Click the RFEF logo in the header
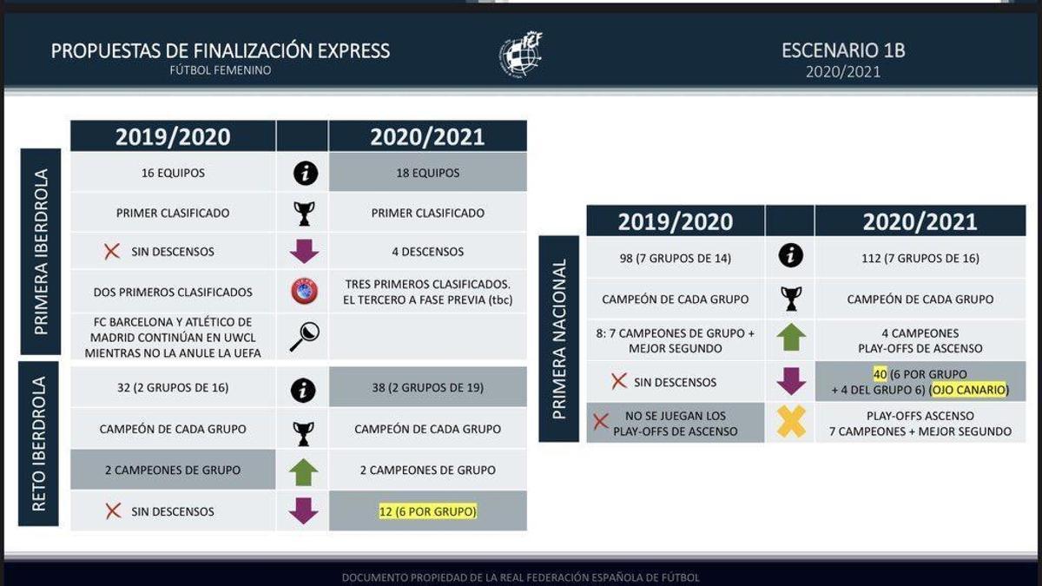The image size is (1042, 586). click(520, 55)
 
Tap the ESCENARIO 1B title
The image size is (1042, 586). click(843, 50)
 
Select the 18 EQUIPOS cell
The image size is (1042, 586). click(427, 173)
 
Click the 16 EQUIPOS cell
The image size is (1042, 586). click(173, 173)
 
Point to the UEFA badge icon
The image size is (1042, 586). click(304, 291)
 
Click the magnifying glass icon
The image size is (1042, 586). click(304, 337)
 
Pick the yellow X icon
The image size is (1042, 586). click(791, 421)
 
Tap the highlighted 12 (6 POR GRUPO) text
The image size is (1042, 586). click(427, 511)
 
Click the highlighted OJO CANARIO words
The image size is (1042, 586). click(969, 389)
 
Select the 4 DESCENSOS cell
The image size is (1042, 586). click(427, 252)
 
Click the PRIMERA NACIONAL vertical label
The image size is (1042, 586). click(559, 339)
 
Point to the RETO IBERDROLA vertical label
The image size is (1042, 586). click(39, 444)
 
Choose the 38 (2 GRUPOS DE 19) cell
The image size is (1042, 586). click(427, 387)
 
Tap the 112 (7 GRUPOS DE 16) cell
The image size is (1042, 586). click(920, 258)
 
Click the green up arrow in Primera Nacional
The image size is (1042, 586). click(791, 337)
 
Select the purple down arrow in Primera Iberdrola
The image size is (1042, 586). click(304, 251)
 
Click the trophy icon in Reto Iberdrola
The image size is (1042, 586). click(303, 433)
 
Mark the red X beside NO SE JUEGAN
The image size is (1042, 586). click(601, 422)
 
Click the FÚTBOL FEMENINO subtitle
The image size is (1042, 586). click(221, 70)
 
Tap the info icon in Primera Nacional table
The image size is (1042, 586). click(791, 255)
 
